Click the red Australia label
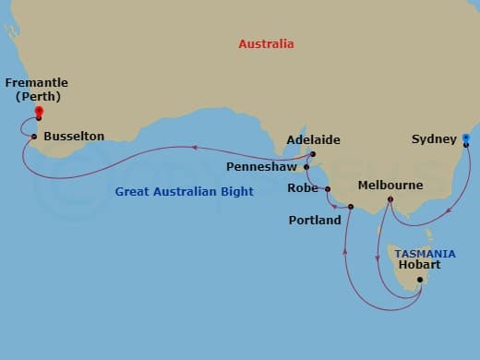pyautogui.click(x=266, y=43)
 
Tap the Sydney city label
pyautogui.click(x=434, y=139)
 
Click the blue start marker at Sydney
pyautogui.click(x=466, y=139)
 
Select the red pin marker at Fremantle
pyautogui.click(x=39, y=112)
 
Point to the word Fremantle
pyautogui.click(x=39, y=83)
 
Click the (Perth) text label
pyautogui.click(x=39, y=96)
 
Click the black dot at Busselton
pyautogui.click(x=34, y=138)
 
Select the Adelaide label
pyautogui.click(x=313, y=140)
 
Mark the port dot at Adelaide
pyautogui.click(x=313, y=154)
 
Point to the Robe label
pyautogui.click(x=302, y=188)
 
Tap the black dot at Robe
pyautogui.click(x=328, y=188)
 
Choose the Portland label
pyautogui.click(x=314, y=220)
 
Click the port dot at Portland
pyautogui.click(x=351, y=207)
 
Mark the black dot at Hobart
pyautogui.click(x=420, y=280)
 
